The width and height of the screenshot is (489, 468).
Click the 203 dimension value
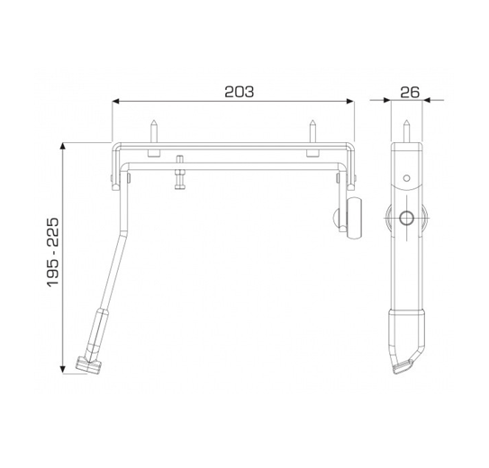pyautogui.click(x=240, y=92)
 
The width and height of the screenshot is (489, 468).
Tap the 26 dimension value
pyautogui.click(x=410, y=92)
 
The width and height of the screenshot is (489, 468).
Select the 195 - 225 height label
pyautogui.click(x=53, y=252)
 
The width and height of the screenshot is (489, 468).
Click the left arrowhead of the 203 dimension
pyautogui.click(x=116, y=101)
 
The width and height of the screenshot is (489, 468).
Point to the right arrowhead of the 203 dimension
pyautogui.click(x=350, y=101)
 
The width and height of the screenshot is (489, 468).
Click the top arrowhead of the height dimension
pyautogui.click(x=63, y=147)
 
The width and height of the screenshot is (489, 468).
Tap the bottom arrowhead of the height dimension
pyautogui.click(x=63, y=369)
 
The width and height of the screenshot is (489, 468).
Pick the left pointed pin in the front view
pyautogui.click(x=154, y=130)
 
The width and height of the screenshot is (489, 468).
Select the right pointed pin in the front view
pyautogui.click(x=312, y=130)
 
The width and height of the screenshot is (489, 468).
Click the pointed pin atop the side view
pyautogui.click(x=406, y=130)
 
